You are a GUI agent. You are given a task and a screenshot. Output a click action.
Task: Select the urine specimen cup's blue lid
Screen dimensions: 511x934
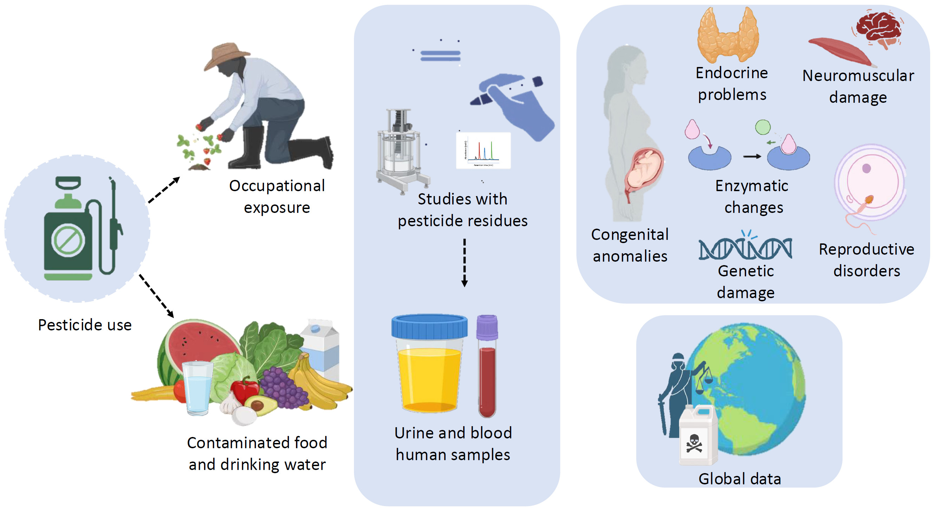tap(429, 327)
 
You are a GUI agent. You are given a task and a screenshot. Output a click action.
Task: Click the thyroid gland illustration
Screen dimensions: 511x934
tap(728, 36)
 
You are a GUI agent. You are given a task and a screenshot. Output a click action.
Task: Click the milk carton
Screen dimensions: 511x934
tap(321, 348)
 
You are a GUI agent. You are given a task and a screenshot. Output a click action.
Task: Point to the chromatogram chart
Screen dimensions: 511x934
tap(483, 150)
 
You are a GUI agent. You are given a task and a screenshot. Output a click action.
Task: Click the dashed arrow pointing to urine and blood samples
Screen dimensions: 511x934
tap(464, 263)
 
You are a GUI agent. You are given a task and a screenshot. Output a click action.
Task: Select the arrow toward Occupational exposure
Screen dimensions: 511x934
tap(164, 190)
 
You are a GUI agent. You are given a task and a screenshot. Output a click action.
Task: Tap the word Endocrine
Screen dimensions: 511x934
tap(732, 73)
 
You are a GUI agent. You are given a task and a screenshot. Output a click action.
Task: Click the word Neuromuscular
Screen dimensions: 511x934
tap(858, 76)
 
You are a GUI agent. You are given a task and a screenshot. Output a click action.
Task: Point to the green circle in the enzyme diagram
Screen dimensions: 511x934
tap(763, 127)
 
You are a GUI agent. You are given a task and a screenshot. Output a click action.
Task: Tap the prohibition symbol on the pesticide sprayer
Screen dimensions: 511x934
tap(68, 241)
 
